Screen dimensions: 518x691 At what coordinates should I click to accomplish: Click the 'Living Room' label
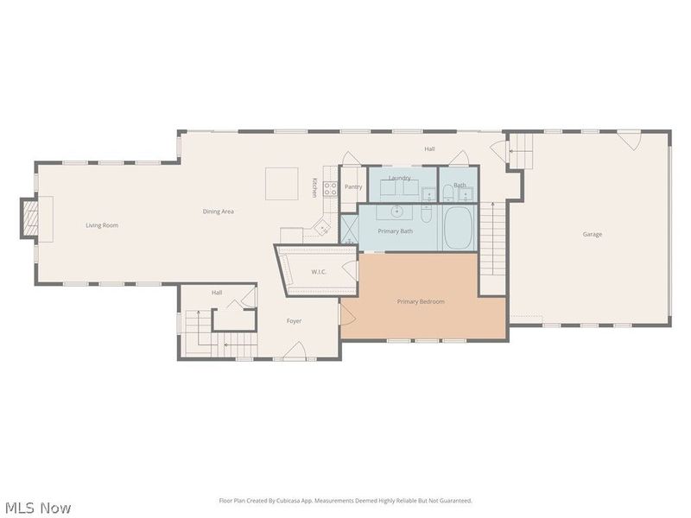[x=102, y=225]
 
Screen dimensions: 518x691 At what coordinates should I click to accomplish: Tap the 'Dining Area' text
[x=218, y=212]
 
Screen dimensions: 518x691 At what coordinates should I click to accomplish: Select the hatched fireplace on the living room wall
[x=30, y=218]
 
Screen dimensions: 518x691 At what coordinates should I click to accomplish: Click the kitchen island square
[x=282, y=183]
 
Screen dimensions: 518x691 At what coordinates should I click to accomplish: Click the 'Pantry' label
[x=353, y=186]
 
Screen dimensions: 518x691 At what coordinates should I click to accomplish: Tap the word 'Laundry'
[x=399, y=178]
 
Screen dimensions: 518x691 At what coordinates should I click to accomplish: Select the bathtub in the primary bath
[x=459, y=228]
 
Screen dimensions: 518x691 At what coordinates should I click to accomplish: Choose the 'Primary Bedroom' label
[x=421, y=301]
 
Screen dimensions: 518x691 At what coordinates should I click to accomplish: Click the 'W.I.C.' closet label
[x=320, y=272]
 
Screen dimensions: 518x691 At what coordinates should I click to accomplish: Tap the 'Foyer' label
[x=295, y=321]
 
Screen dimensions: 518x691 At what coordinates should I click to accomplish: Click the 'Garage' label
[x=593, y=234]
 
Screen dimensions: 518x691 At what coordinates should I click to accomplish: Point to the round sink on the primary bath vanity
[x=398, y=211]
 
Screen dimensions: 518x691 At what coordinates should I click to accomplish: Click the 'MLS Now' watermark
[x=38, y=508]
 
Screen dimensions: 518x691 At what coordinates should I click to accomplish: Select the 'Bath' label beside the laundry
[x=460, y=186]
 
